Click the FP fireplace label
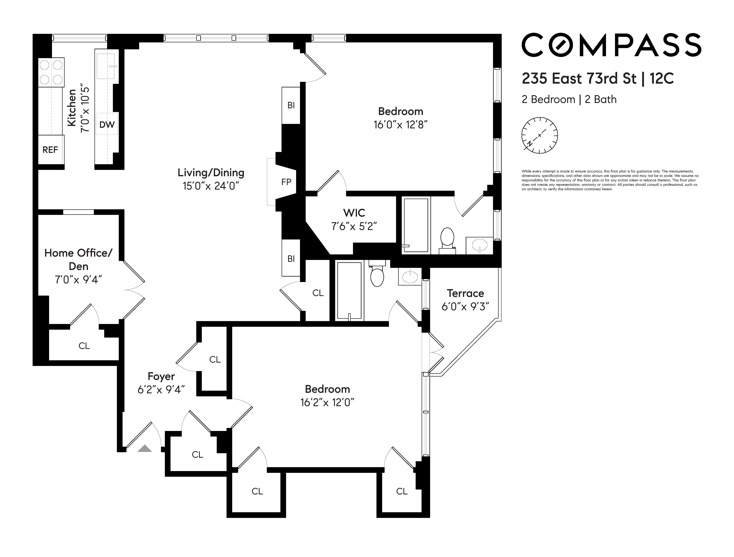(286, 182)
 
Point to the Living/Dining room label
(211, 173)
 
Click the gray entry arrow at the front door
(145, 449)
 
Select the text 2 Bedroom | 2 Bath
(569, 99)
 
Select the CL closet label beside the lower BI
(318, 293)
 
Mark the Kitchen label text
(72, 108)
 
